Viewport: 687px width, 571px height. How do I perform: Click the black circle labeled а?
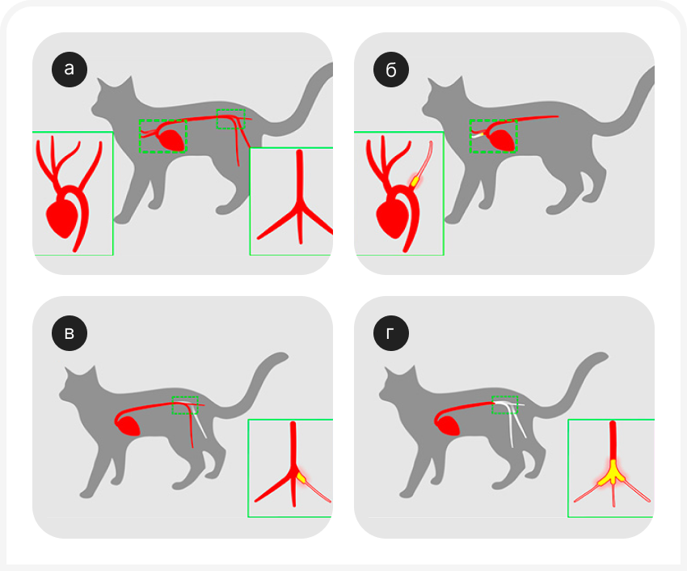coord(70,70)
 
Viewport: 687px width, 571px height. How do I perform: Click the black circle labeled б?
coord(391,70)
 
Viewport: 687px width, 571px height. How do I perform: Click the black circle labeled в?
coord(70,333)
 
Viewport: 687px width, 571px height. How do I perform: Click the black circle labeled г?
coord(391,333)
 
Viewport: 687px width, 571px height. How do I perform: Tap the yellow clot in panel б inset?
coord(415,180)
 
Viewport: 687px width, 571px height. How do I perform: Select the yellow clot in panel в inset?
coord(301,476)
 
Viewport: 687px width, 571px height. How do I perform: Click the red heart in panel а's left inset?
coord(61,218)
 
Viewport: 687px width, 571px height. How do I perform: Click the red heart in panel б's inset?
coord(392,218)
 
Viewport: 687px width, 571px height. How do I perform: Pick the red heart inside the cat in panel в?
coord(129,425)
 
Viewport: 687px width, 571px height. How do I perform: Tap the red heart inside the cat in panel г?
coord(447,425)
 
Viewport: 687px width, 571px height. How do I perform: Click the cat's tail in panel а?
coord(302,101)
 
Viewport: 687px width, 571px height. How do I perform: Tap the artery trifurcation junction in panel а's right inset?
coord(300,205)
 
